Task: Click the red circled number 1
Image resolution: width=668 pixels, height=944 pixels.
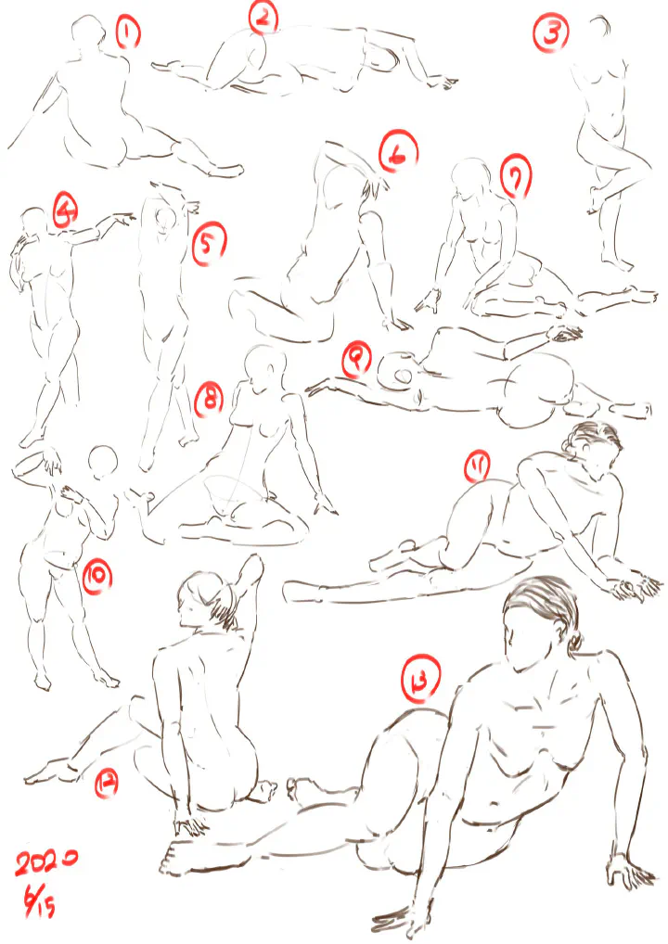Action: coord(128,32)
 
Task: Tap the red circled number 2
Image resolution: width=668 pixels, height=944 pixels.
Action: coord(263,17)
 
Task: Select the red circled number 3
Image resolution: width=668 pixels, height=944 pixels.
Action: coord(550,33)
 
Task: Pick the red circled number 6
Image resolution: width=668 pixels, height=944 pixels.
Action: coord(398,151)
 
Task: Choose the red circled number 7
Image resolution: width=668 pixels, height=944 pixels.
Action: coord(516,176)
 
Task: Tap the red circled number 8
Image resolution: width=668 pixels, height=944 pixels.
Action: coord(209,401)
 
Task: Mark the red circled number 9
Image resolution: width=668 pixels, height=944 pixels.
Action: coord(358,360)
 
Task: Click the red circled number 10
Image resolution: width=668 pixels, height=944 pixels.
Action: coord(97,576)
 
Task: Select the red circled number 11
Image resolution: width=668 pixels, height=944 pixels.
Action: coord(477,466)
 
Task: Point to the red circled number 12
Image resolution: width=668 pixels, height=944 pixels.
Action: coord(106,785)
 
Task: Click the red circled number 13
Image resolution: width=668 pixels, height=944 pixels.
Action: coord(421,679)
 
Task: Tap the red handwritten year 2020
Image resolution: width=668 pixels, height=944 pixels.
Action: coord(45,862)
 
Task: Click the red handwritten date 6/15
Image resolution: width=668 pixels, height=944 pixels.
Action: coord(40,900)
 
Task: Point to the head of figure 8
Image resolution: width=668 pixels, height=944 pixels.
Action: coord(265,368)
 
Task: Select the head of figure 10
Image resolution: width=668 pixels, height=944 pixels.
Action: coord(103,461)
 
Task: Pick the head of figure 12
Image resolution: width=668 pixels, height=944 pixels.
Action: coord(205,600)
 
